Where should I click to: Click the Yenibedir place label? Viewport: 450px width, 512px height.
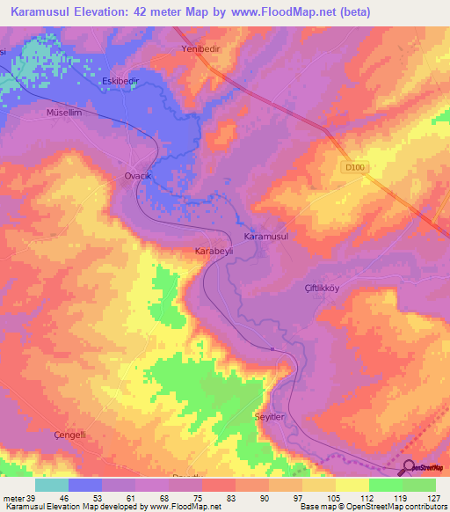(x=199, y=49)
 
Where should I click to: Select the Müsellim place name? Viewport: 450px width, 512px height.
(x=63, y=113)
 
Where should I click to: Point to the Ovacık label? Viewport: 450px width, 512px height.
(x=139, y=176)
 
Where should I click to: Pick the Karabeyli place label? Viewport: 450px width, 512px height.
(x=212, y=251)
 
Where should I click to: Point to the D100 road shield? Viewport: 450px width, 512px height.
(x=353, y=165)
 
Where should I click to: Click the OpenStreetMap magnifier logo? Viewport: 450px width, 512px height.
(x=408, y=468)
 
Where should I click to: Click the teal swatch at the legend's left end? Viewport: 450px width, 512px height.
(x=52, y=485)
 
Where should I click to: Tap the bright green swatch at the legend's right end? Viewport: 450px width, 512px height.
(x=418, y=485)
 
